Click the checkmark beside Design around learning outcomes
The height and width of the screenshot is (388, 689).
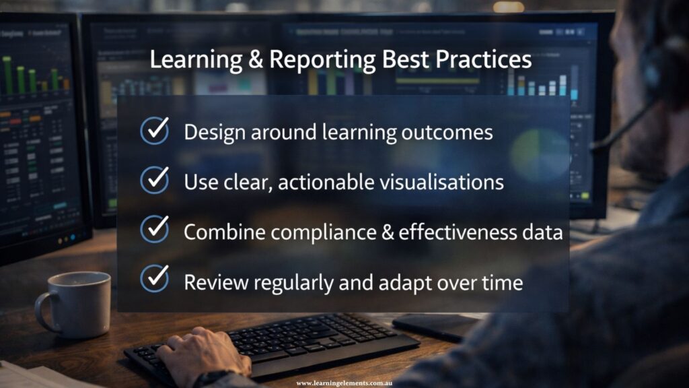(155, 131)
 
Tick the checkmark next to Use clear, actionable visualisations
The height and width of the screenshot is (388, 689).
(155, 180)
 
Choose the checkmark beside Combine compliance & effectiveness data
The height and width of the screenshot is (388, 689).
(155, 229)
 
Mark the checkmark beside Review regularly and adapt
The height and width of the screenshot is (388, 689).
(155, 279)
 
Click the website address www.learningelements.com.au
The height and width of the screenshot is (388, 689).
(344, 383)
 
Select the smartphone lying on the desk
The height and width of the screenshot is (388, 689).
(435, 326)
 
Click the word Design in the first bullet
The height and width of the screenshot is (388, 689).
(213, 132)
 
